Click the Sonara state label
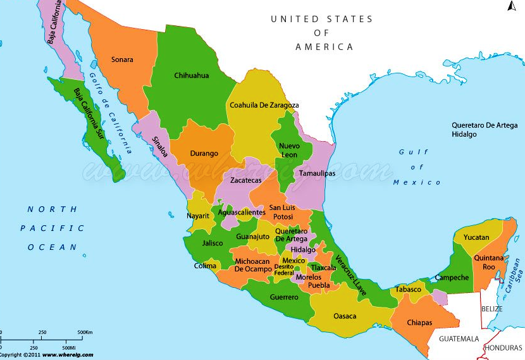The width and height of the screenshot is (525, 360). click(122, 59)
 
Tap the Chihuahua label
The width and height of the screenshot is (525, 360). click(191, 75)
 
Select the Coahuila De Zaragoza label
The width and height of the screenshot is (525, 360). click(264, 105)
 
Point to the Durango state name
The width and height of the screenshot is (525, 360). click(204, 153)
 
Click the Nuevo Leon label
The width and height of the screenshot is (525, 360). click(289, 150)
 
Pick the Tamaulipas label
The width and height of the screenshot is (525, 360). click(317, 173)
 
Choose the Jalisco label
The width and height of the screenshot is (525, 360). click(213, 243)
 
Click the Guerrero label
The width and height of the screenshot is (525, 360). click(283, 297)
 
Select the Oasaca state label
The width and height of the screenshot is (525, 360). click(345, 316)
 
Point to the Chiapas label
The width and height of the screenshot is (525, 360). click(419, 323)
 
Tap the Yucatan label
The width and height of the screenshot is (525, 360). click(476, 237)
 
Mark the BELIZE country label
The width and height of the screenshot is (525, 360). click(491, 309)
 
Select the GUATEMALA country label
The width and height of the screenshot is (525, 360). click(460, 339)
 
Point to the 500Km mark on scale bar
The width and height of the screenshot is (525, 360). click(85, 332)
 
